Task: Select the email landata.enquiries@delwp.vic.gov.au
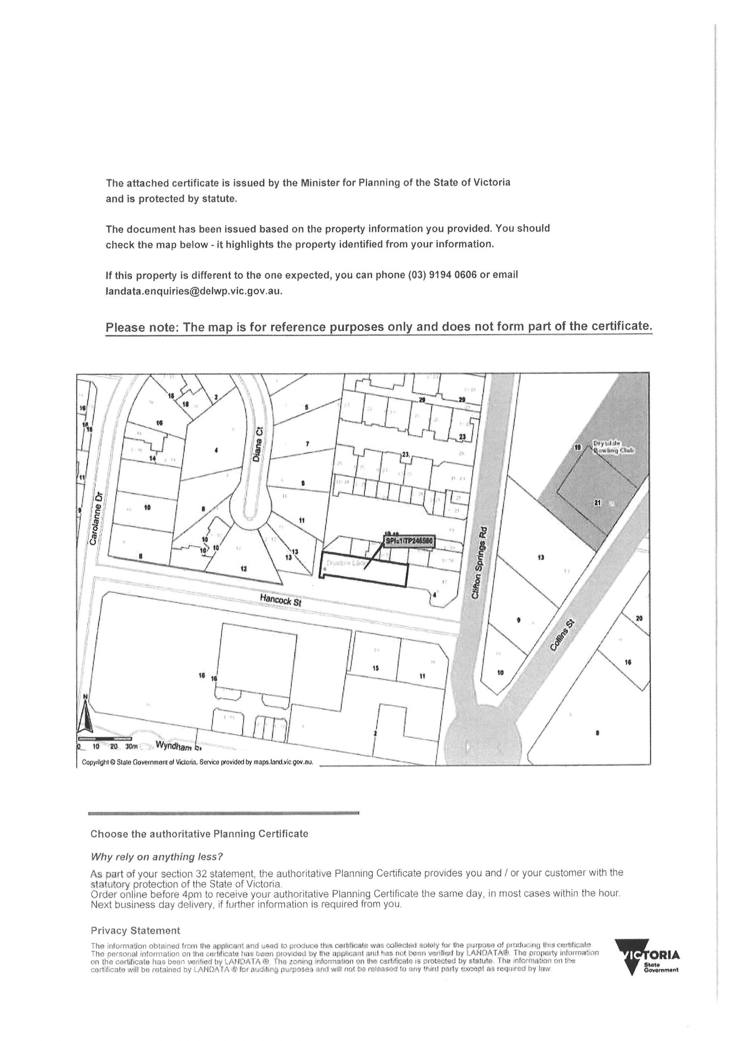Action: click(x=194, y=291)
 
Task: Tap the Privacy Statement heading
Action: click(x=135, y=931)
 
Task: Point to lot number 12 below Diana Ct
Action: click(x=244, y=569)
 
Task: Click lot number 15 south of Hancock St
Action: click(x=375, y=668)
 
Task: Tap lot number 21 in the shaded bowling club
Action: click(x=597, y=502)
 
